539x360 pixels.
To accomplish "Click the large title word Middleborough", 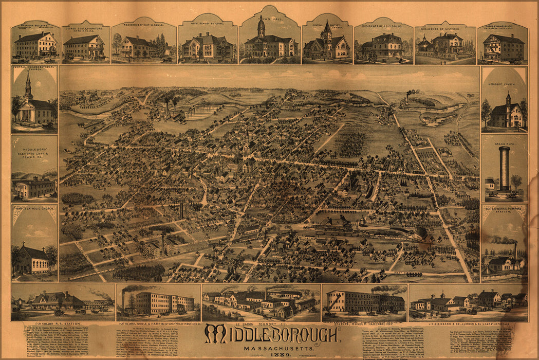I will click(272, 335).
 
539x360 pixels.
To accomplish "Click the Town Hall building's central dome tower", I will click(262, 27).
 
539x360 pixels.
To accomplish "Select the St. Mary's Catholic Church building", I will click(32, 260).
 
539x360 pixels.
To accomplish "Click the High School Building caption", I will click(208, 24).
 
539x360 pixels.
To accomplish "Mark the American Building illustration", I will click(35, 46).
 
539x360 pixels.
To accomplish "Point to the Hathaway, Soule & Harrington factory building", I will click(158, 303).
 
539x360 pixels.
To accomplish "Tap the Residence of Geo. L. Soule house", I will click(384, 46).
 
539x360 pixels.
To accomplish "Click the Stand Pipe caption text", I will click(504, 138).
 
